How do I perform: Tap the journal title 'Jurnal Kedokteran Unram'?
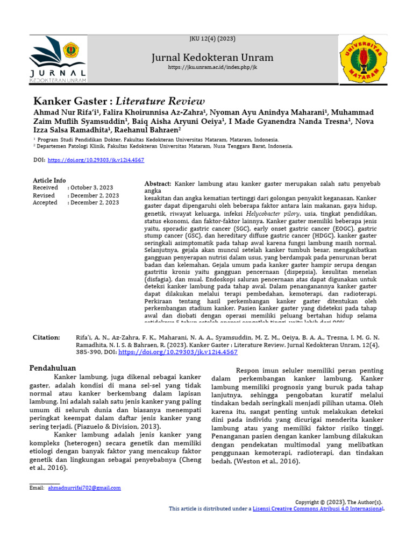[212, 58]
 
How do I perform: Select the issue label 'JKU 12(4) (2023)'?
[212, 39]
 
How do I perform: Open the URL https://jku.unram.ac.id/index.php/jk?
[212, 67]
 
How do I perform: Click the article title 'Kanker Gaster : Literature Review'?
[119, 101]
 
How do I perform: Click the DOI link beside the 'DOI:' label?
[96, 160]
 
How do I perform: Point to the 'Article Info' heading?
[49, 180]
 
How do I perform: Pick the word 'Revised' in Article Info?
[44, 195]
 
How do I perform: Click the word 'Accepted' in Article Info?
[45, 203]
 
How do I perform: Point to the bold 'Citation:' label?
[46, 337]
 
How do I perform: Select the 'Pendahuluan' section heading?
[52, 368]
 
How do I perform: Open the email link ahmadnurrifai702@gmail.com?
[84, 488]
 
